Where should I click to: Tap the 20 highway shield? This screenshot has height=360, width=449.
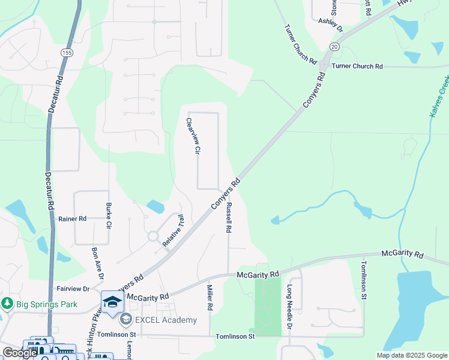pyautogui.click(x=334, y=47)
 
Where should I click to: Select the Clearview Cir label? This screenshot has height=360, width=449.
pyautogui.click(x=192, y=136)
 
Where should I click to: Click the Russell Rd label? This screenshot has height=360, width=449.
pyautogui.click(x=229, y=217)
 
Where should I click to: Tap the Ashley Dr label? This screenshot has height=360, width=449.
pyautogui.click(x=330, y=25)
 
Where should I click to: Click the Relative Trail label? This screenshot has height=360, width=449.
pyautogui.click(x=173, y=232)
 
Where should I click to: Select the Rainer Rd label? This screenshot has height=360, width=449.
pyautogui.click(x=73, y=219)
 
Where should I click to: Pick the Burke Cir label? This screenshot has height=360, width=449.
pyautogui.click(x=109, y=217)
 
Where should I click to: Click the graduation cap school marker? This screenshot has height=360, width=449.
pyautogui.click(x=112, y=302)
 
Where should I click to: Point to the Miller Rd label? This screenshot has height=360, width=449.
pyautogui.click(x=210, y=298)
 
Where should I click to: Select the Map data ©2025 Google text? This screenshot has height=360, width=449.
pyautogui.click(x=412, y=355)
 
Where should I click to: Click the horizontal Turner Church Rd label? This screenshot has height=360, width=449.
pyautogui.click(x=357, y=66)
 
